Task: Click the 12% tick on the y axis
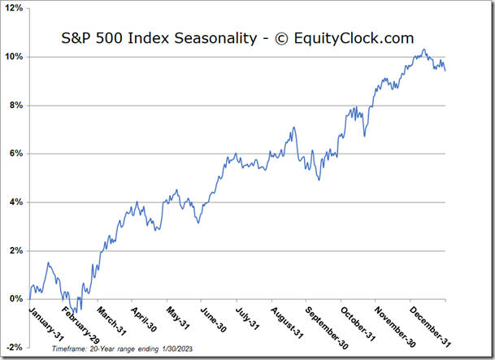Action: (16, 9)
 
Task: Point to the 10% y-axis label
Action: (16, 57)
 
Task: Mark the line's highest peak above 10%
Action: (423, 50)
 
